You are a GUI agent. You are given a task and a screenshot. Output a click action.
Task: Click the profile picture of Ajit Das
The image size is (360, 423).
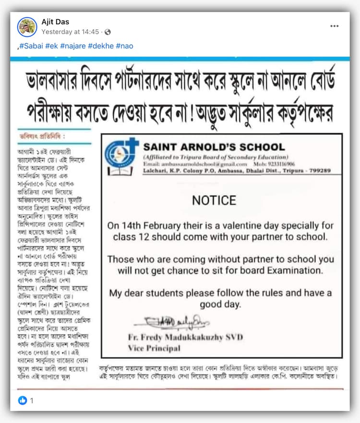pos(27,27)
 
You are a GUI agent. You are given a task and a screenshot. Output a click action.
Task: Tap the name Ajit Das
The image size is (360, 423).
pos(55,22)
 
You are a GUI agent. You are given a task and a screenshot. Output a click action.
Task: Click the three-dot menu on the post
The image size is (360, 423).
pos(335,26)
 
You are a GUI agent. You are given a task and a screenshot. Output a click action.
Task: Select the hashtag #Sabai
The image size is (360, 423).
pos(31,46)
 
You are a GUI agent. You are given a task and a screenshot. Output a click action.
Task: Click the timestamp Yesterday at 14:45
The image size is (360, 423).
pos(70,32)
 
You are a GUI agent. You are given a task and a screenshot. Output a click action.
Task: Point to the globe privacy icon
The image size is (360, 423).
pos(108,32)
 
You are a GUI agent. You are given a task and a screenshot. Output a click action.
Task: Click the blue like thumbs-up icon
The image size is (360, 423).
pos(23,400)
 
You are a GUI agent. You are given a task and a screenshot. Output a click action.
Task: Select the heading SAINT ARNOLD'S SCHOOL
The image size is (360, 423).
pos(214,147)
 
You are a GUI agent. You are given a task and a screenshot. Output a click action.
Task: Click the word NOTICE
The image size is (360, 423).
pos(214,200)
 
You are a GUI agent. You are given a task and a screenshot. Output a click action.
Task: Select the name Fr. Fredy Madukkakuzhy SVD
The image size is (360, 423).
pos(185,338)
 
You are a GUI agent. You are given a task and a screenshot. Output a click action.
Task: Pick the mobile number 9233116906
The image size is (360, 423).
pos(279,164)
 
